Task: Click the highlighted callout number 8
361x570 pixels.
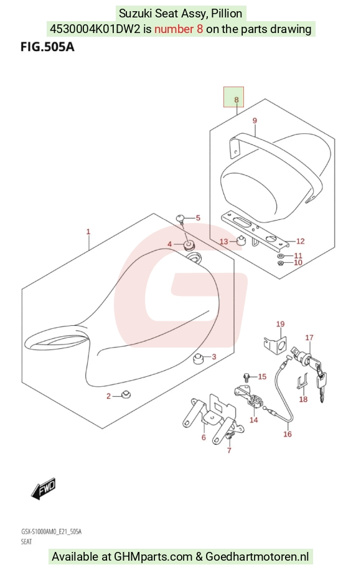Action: click(x=237, y=100)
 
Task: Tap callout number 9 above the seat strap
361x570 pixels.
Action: click(x=255, y=121)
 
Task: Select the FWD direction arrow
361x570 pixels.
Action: click(x=43, y=488)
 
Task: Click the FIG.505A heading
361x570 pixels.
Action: click(x=47, y=47)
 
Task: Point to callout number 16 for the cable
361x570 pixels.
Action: click(x=288, y=434)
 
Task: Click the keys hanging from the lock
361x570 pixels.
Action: click(x=321, y=386)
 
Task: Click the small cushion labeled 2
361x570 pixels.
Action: click(x=126, y=394)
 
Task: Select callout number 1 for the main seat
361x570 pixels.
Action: click(x=88, y=232)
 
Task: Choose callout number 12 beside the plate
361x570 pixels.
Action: click(x=301, y=241)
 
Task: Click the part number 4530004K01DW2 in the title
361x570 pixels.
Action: click(x=95, y=29)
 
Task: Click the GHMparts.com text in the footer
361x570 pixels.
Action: click(x=153, y=556)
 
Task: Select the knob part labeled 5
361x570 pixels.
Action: click(x=180, y=219)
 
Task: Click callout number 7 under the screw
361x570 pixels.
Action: click(x=229, y=450)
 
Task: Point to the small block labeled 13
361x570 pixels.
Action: click(x=241, y=240)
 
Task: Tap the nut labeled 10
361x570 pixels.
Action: click(x=280, y=262)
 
